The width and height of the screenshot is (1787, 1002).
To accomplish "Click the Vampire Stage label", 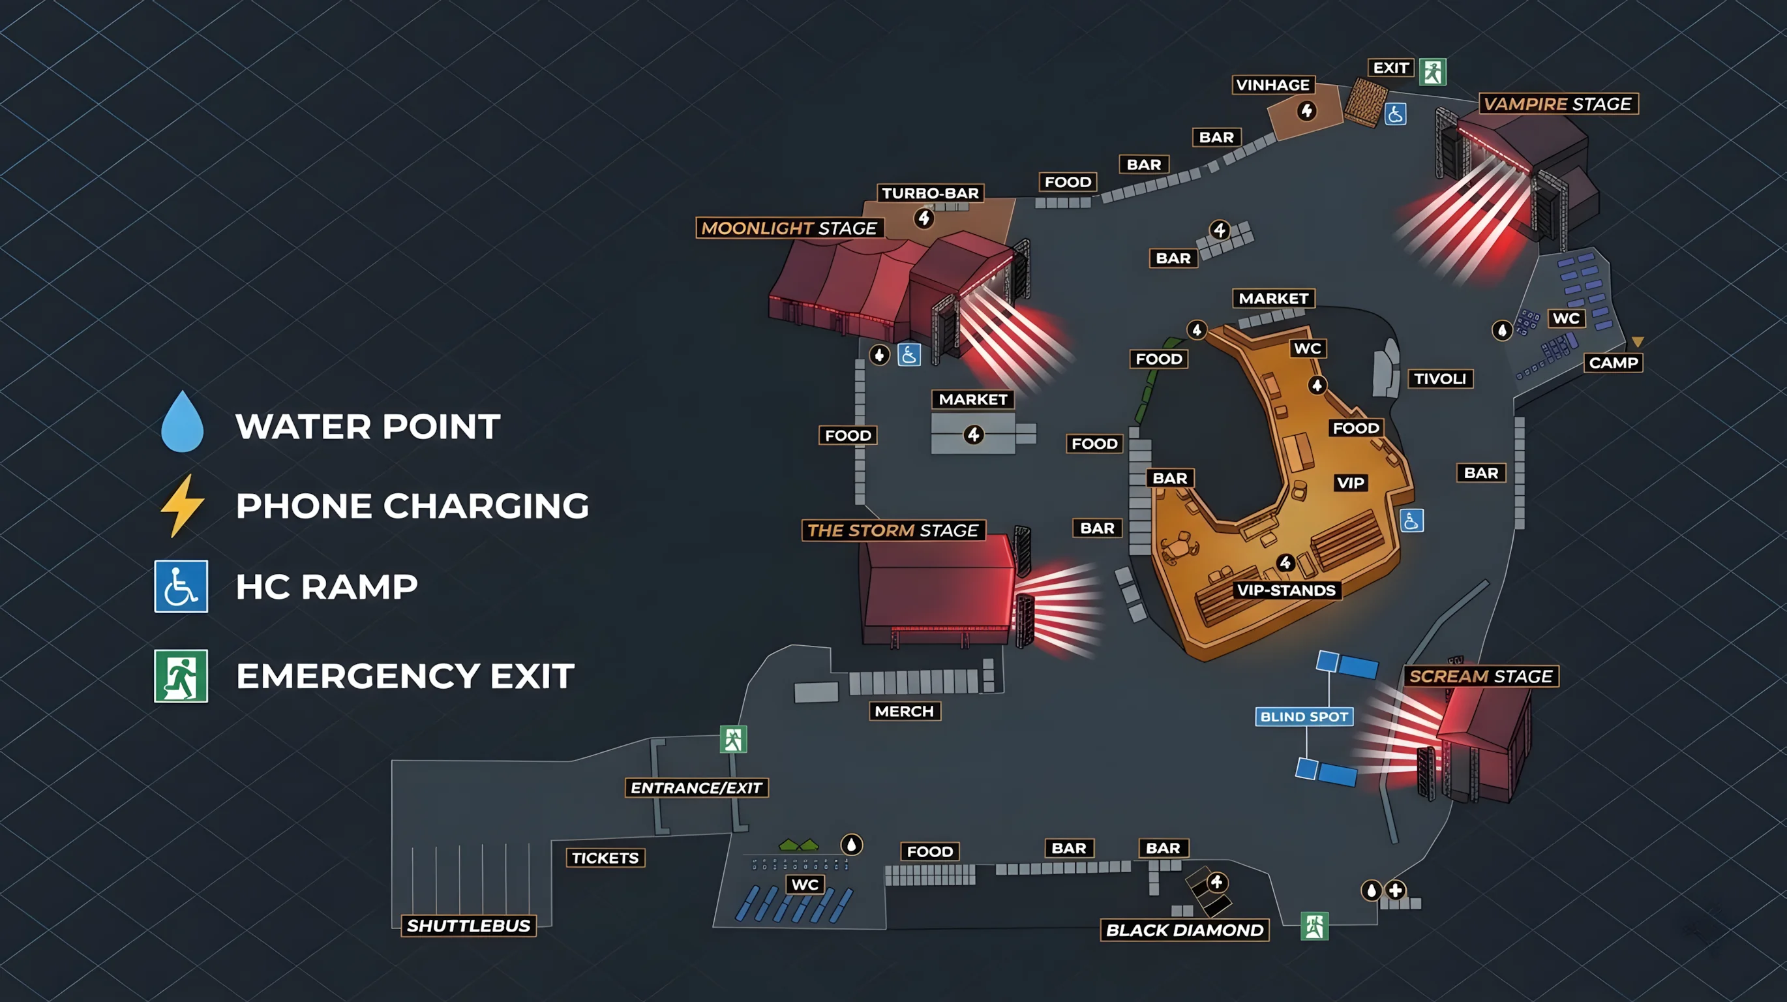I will point(1557,104).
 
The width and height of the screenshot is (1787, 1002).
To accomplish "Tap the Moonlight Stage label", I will point(788,228).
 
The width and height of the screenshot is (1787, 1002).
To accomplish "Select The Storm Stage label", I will point(893,531).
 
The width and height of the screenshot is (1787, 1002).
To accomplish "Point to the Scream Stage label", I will point(1480,676).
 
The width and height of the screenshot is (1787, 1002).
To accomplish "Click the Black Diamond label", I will point(1184,930).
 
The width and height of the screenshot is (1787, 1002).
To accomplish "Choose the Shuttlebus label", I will point(468,926).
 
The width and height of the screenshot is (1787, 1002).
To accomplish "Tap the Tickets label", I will point(605,858).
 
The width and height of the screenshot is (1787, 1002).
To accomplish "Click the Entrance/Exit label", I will point(696,788).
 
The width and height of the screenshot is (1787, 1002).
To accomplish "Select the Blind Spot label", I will point(1304,717).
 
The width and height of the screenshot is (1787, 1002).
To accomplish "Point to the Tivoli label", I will point(1439,379).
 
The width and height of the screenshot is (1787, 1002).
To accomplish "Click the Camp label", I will point(1613,363).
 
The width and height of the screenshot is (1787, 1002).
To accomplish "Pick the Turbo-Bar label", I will point(929,194).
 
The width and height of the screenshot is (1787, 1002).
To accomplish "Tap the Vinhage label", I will point(1272,85).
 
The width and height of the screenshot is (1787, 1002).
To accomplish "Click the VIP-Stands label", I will point(1286,590).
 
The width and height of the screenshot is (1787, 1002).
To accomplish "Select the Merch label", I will point(904,711).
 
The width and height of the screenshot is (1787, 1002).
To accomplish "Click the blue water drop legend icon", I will point(182,422).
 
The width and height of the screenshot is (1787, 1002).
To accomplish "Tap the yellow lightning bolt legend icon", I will point(182,506).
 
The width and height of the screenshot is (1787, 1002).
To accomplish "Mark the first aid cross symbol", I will point(1395,890).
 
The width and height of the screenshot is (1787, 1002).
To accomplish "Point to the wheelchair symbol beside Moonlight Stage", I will point(909,355).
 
